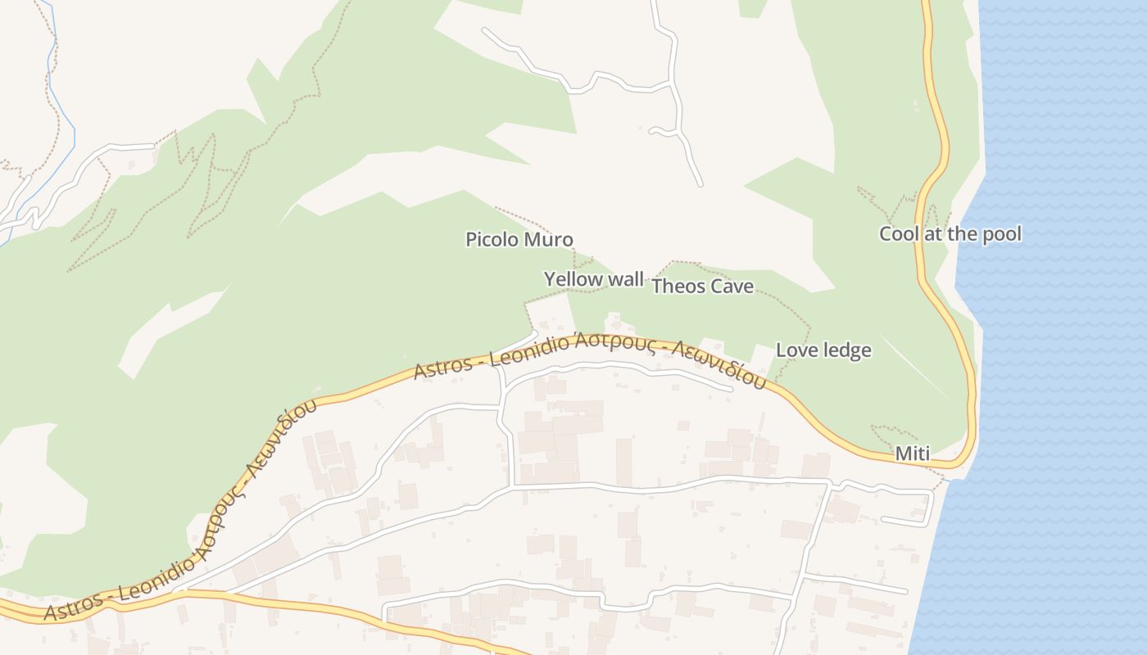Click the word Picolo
492,240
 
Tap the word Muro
548,240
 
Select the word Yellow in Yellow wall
572,279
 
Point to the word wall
625,279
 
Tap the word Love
794,350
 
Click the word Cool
899,234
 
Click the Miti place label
913,454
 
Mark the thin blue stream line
66,106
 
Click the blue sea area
1065,327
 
